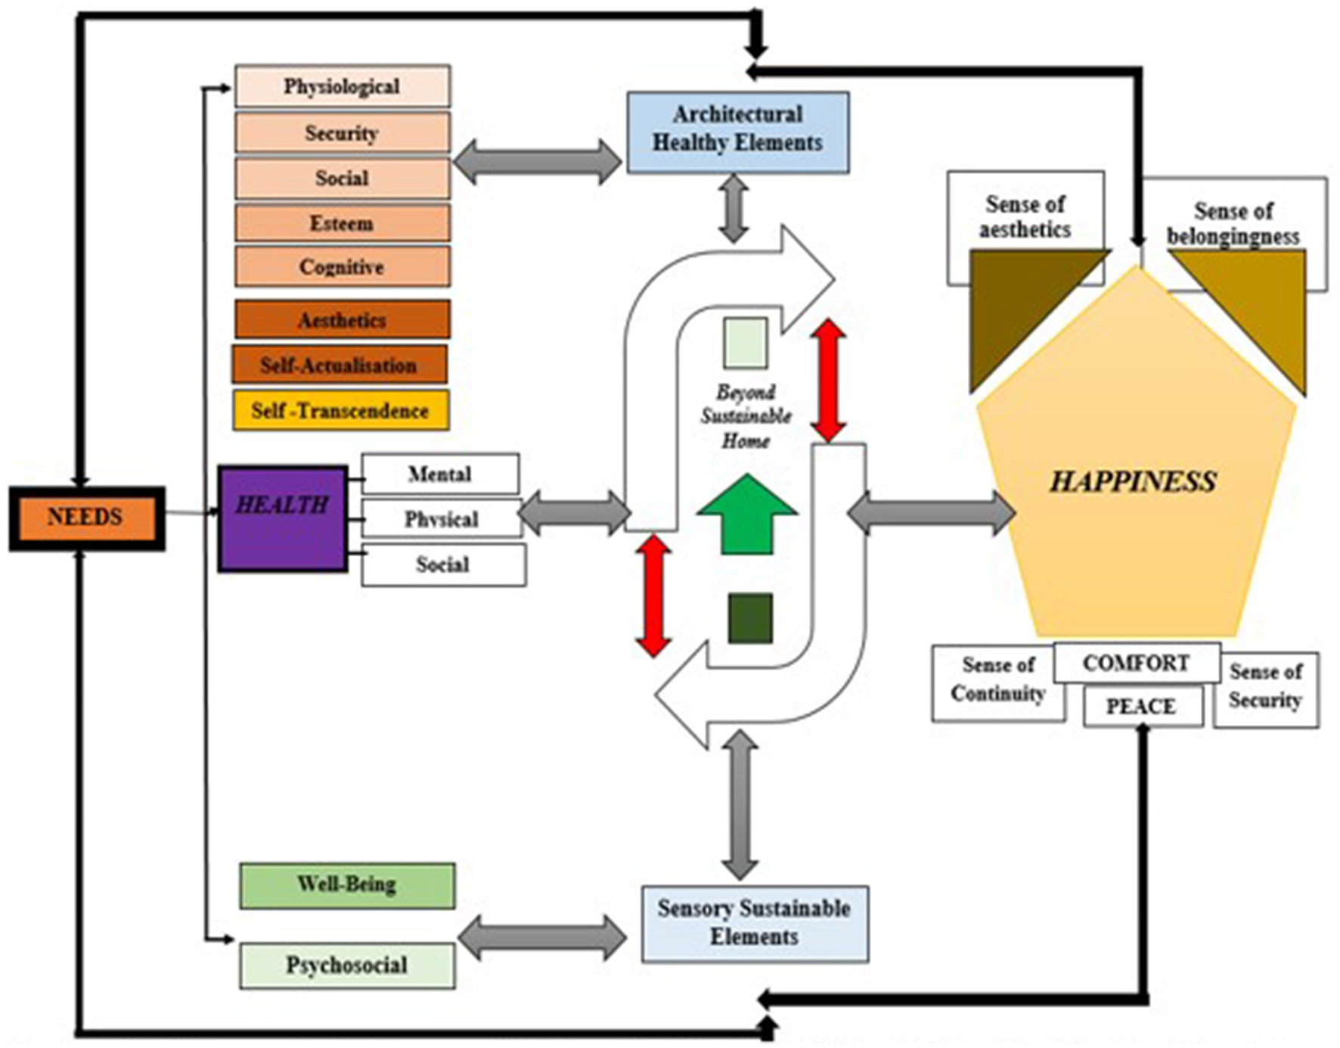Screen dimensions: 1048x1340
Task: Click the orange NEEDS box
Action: tap(86, 518)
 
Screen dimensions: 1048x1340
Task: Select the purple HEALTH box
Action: tap(282, 518)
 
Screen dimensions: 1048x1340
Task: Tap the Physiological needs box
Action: tap(342, 86)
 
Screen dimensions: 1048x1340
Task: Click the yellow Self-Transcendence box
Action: tap(340, 411)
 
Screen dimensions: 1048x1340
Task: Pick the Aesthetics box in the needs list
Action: tap(342, 320)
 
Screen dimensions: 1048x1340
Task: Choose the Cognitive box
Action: tap(342, 267)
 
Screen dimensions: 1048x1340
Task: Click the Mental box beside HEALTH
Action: tap(440, 474)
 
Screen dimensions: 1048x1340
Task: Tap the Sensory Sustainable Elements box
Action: tap(754, 923)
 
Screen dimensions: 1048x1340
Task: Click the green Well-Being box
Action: tap(347, 885)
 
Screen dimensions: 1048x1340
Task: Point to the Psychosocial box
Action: tap(347, 966)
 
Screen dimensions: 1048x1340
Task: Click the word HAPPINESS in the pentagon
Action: tap(1133, 482)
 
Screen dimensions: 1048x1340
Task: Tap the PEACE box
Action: tap(1141, 707)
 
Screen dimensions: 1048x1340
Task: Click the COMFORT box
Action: tap(1136, 663)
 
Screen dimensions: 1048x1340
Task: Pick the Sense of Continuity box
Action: tap(997, 681)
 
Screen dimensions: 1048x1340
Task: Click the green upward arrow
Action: tap(747, 515)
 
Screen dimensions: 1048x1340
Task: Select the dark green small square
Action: tap(750, 618)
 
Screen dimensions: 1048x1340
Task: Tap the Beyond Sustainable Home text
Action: tap(746, 416)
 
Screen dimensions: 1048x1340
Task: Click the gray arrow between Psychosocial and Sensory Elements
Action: tap(542, 938)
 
